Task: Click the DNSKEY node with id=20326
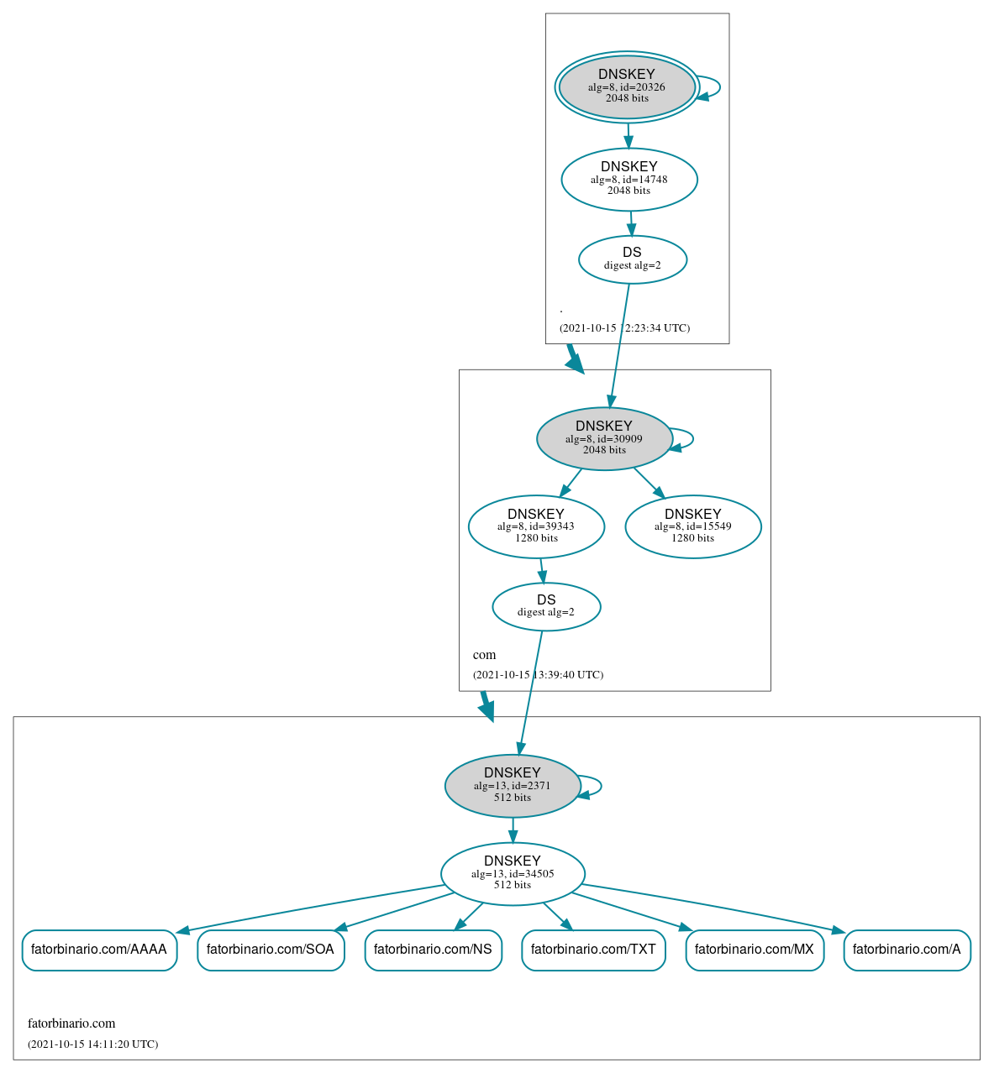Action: click(627, 86)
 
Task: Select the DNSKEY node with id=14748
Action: click(629, 179)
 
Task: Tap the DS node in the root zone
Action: click(632, 259)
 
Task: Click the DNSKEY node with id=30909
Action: click(604, 438)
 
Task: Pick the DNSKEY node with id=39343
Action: click(536, 526)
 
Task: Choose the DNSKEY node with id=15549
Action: click(693, 526)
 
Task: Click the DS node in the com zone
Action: click(546, 606)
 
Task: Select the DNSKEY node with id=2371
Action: click(513, 786)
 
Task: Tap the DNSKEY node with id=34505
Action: click(513, 874)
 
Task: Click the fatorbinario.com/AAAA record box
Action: click(99, 950)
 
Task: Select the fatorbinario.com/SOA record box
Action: click(271, 950)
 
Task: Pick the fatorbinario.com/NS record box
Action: click(433, 950)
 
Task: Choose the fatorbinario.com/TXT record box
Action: click(593, 950)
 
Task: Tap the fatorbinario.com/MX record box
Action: click(755, 950)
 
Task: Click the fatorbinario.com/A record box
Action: click(907, 950)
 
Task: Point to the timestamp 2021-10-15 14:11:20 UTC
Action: click(92, 1044)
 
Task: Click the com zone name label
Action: click(484, 655)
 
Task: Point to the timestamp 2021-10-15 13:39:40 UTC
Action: click(538, 675)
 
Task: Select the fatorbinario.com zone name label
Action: click(71, 1023)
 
